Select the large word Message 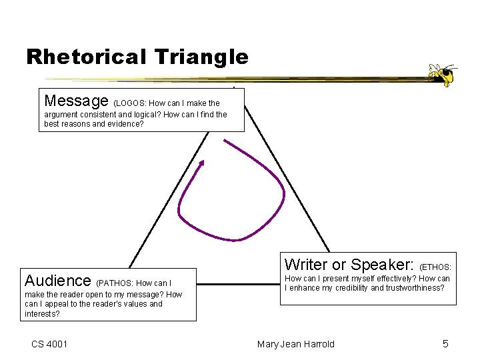(76, 101)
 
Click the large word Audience (57, 280)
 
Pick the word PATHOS (116, 283)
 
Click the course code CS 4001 (49, 344)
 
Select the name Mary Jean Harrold (296, 344)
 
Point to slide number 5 (445, 344)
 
